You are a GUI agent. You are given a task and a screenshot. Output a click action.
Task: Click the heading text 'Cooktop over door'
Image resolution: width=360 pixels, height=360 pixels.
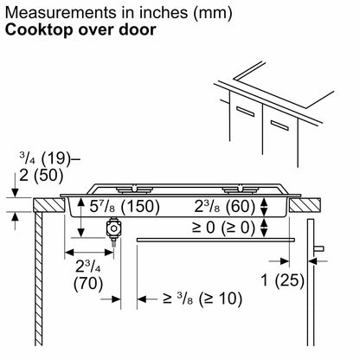pos(80,30)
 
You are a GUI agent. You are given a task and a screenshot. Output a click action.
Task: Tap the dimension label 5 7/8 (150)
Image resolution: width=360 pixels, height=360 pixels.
pos(125,206)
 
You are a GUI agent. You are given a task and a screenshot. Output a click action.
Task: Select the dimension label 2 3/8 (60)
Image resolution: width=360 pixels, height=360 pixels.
pos(225,206)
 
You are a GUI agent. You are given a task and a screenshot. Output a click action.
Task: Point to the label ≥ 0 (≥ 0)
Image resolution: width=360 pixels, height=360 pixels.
pos(224,228)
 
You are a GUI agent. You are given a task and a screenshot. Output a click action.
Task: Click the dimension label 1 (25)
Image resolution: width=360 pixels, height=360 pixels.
pos(283,280)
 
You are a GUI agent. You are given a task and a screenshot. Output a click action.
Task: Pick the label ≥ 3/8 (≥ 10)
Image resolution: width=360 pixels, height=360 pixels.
pos(202,299)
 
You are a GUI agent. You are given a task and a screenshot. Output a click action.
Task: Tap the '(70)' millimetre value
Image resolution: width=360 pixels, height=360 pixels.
pos(88,284)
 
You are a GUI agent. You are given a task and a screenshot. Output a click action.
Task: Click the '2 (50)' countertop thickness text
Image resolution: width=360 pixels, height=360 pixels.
pos(41,175)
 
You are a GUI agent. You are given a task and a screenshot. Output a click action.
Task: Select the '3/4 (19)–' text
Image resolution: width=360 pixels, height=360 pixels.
pos(49,158)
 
